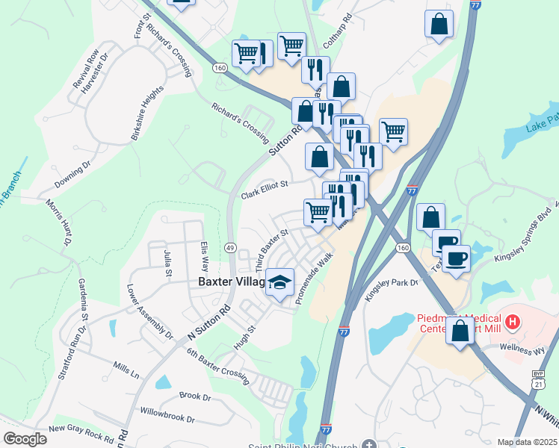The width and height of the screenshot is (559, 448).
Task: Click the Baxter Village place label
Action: click(231, 282)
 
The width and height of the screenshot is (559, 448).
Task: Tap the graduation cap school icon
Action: click(280, 282)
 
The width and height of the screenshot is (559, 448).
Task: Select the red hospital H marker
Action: click(513, 323)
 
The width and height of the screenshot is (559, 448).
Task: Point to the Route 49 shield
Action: click(230, 247)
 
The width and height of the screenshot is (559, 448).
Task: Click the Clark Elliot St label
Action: click(264, 190)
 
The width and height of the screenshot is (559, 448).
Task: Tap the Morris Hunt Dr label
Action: click(59, 223)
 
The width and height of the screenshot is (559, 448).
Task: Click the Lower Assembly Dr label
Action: click(149, 312)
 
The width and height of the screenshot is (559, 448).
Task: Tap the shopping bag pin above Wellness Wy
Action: click(460, 329)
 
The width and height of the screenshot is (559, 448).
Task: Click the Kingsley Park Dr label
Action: click(392, 288)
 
